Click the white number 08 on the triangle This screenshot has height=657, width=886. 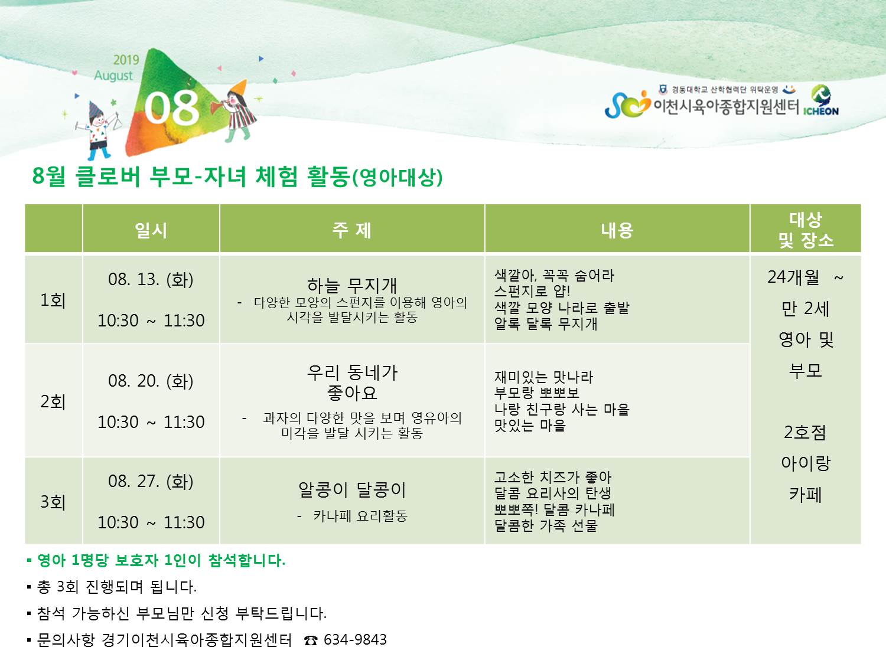tap(172, 107)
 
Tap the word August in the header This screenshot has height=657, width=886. tap(113, 76)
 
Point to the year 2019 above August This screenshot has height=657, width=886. tap(126, 60)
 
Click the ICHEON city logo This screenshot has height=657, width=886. tap(821, 101)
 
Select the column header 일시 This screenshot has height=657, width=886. tap(151, 230)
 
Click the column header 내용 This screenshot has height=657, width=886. tap(617, 230)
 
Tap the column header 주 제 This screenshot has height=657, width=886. tap(352, 230)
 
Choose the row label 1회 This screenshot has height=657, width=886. tap(53, 300)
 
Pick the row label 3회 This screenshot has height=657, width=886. tap(53, 502)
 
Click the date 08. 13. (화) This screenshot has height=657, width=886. tap(151, 279)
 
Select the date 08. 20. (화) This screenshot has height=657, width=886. tap(151, 381)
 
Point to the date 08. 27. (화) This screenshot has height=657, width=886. tap(151, 481)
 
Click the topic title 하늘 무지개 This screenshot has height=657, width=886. tap(352, 285)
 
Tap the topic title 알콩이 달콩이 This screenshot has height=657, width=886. tap(352, 490)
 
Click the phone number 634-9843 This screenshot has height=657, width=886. tap(355, 639)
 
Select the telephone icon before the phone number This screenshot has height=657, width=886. tap(311, 640)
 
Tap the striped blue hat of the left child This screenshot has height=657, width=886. tap(96, 109)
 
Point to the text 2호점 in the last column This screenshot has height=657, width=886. tap(805, 432)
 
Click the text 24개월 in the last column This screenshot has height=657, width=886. tap(793, 277)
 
